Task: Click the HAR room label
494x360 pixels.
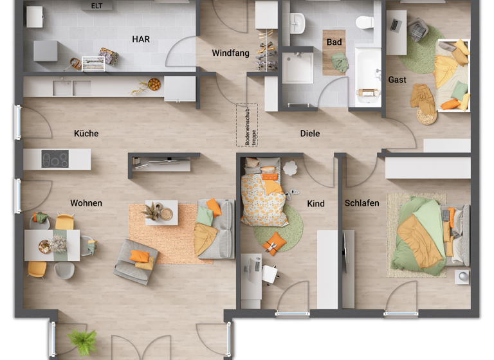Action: click(141, 39)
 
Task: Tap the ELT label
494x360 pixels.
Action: click(96, 6)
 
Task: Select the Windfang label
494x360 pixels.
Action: click(230, 53)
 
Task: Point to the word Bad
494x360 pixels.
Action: click(334, 42)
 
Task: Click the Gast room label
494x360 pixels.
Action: click(398, 80)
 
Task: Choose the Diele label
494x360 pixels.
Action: click(310, 134)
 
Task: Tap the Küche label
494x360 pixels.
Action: click(86, 133)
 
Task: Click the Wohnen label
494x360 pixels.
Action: click(86, 203)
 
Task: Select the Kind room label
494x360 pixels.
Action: click(316, 204)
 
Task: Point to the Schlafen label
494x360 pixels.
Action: click(361, 203)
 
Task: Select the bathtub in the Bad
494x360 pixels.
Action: click(369, 78)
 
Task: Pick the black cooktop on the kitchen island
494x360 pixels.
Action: click(55, 158)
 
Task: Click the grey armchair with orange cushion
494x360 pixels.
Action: click(136, 261)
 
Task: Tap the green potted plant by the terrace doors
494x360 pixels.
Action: click(83, 341)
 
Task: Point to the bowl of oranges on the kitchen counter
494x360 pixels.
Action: click(154, 83)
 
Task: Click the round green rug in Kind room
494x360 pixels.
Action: click(278, 237)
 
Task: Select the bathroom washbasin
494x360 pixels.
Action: click(298, 24)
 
